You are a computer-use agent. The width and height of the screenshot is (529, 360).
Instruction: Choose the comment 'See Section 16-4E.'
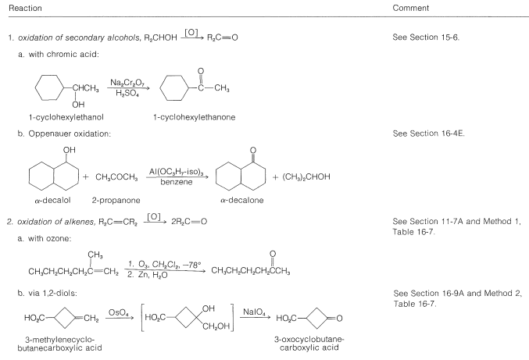point(425,134)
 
